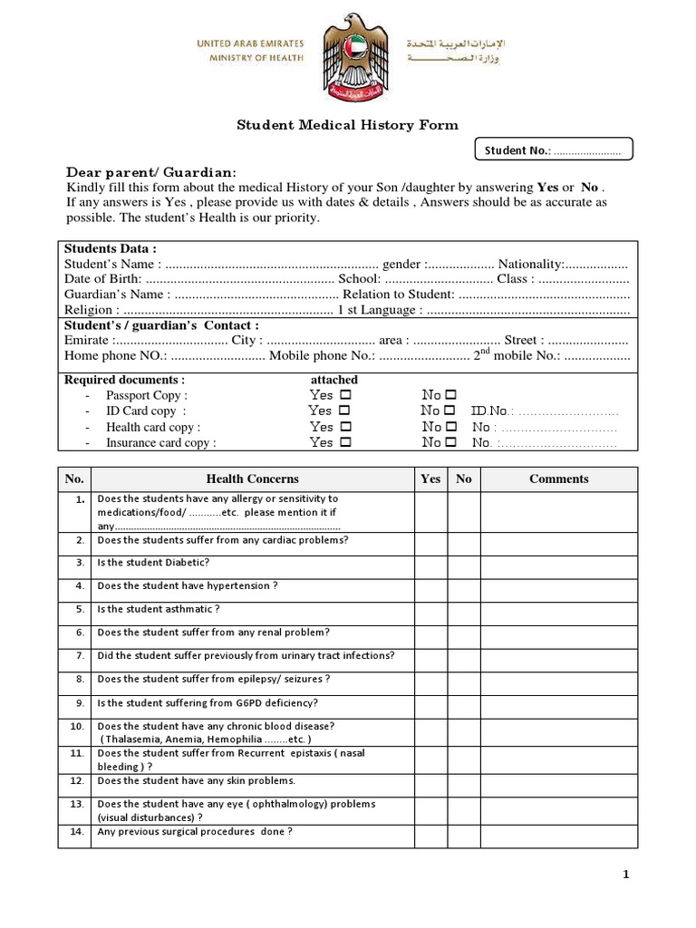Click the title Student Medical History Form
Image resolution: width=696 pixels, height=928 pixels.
347,125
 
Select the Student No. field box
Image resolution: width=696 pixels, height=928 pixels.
554,150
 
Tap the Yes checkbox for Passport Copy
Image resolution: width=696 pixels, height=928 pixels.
345,395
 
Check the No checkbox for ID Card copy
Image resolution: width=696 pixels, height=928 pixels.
450,411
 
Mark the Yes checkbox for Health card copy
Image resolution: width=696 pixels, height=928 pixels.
345,427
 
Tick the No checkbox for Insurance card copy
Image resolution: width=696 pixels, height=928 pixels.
450,443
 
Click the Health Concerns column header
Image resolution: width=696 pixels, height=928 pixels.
252,478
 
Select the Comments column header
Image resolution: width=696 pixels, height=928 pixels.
558,478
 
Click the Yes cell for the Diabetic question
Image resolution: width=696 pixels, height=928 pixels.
430,563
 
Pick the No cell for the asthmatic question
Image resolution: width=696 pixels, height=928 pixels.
463,610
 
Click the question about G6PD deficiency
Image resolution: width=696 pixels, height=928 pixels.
208,703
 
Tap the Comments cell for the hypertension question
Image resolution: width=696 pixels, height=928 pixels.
558,586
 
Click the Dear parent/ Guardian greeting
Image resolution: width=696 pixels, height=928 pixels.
151,172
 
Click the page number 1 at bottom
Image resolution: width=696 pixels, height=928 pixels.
625,875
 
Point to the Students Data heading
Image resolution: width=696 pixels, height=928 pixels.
111,248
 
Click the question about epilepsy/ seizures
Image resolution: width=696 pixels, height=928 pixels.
213,680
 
